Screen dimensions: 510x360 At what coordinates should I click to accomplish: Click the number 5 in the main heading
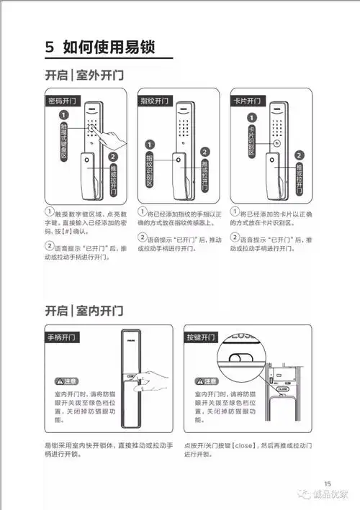click(x=50, y=47)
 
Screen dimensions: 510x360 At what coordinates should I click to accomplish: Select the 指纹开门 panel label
click(x=155, y=100)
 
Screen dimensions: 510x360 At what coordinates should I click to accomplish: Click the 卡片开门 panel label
click(x=247, y=100)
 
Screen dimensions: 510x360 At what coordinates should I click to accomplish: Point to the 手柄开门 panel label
click(x=63, y=337)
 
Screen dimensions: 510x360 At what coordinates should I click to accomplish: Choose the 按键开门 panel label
click(x=202, y=337)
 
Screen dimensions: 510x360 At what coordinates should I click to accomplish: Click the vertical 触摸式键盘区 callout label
click(x=63, y=140)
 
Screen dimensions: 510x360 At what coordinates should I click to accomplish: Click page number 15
click(x=328, y=483)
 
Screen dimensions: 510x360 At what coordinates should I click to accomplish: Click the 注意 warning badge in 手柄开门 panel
click(x=65, y=381)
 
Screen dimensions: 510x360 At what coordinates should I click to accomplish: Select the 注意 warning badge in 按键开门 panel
click(x=205, y=381)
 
